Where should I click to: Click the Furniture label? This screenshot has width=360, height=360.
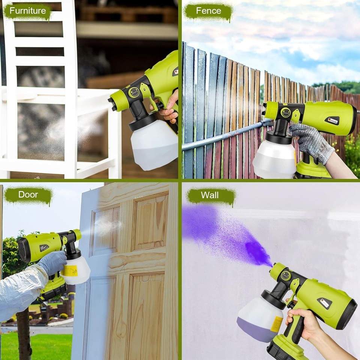coord(27,11)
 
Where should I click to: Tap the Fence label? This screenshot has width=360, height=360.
coord(208,11)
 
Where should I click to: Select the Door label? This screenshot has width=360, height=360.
coord(28,195)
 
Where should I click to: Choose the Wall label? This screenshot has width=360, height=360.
coord(210,195)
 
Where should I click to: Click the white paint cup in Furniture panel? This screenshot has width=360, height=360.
coord(154,144)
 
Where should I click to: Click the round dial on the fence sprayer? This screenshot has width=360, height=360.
coord(286,112)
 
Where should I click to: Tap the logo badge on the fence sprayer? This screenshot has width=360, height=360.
coord(331,120)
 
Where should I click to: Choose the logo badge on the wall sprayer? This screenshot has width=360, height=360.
coord(324,303)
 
